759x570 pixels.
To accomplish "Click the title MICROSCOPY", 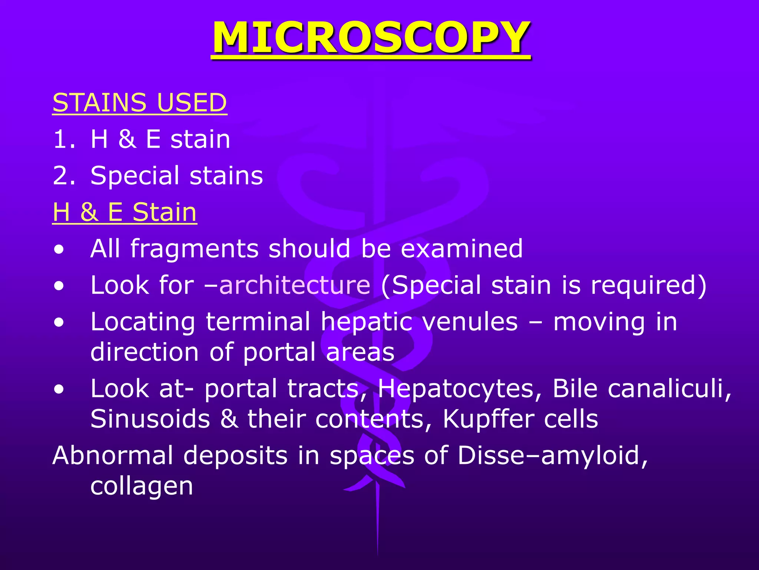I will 371,38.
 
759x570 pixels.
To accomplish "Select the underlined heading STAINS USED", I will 140,102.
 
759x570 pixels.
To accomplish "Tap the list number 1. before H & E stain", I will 64,140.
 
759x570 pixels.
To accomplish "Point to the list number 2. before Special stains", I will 64,176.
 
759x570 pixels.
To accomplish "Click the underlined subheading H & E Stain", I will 125,212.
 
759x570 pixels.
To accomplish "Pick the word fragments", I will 194,249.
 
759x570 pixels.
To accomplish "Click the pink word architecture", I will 295,285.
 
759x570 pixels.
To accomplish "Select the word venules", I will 470,321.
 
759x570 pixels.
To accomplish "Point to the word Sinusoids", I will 150,419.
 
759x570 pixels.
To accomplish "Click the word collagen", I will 142,487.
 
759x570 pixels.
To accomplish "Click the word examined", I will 462,249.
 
